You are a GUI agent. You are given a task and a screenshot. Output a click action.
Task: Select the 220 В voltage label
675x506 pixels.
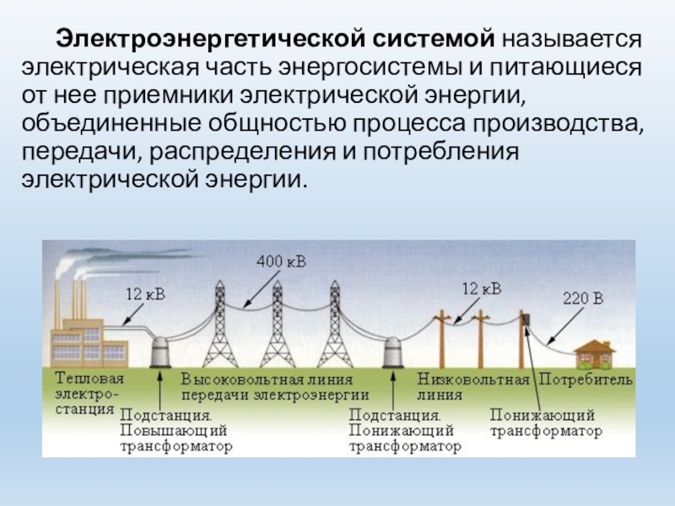tap(583, 299)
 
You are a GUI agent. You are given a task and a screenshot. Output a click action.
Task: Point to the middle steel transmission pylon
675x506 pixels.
tap(276, 329)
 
